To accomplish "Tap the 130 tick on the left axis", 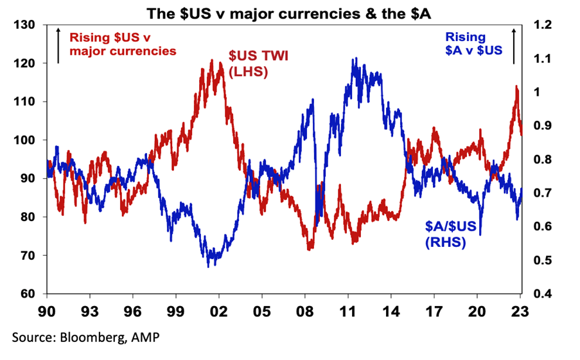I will (25, 25).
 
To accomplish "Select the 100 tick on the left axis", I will (25, 140).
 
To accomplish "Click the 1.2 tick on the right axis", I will (543, 25).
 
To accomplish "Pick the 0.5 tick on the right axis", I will (543, 260).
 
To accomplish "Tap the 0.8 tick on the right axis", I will (543, 159).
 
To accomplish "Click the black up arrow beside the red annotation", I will (58, 45).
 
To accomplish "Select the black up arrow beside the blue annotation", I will (514, 45).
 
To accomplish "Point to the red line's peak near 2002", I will (212, 60).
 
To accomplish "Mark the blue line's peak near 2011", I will (354, 59).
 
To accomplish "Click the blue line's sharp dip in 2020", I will (479, 234).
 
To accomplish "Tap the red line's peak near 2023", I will (516, 86).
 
